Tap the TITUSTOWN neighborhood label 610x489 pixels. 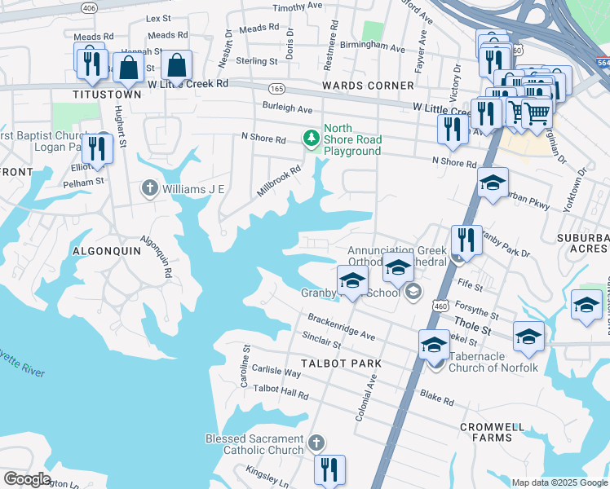(107, 95)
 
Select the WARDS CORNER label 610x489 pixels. (368, 86)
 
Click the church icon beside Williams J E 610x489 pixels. (149, 189)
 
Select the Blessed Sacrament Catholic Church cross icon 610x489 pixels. (316, 443)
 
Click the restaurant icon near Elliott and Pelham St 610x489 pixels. (97, 147)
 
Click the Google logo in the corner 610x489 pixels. (27, 479)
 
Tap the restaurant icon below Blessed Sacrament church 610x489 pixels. (330, 469)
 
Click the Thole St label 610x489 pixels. (474, 330)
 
